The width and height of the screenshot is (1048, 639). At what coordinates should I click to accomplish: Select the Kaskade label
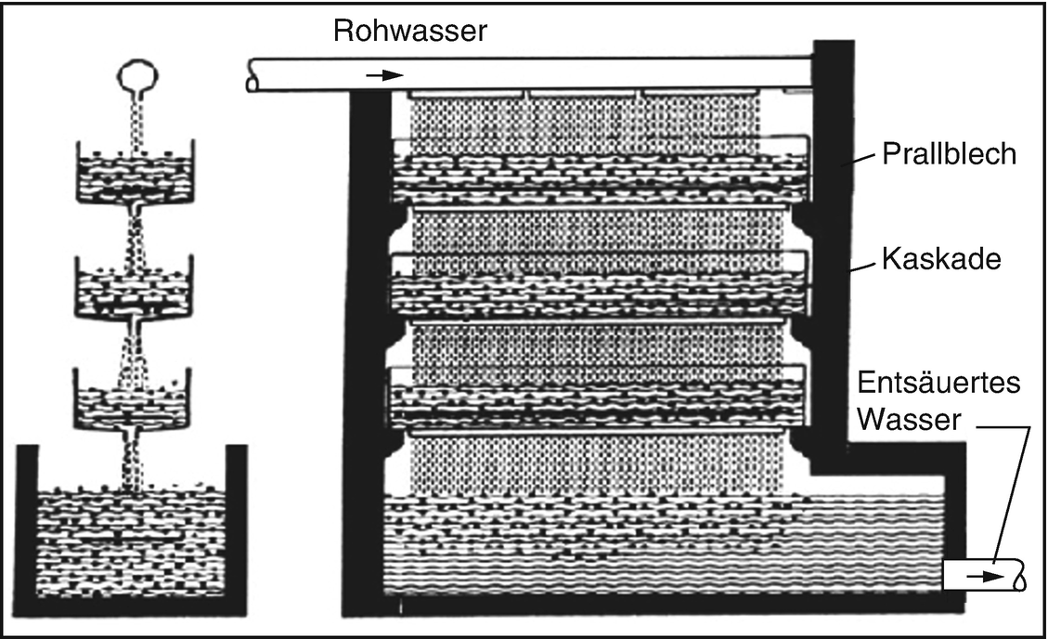click(x=940, y=258)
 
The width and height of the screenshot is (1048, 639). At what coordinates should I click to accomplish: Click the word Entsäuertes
click(x=939, y=384)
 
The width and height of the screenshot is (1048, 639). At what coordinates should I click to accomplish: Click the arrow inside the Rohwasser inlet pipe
click(x=384, y=75)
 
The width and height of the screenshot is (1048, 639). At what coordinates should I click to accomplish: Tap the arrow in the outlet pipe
click(x=984, y=577)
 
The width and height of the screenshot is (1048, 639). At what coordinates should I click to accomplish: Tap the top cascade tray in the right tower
click(x=599, y=172)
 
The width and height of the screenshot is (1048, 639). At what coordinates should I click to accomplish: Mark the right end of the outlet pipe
click(x=1021, y=576)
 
